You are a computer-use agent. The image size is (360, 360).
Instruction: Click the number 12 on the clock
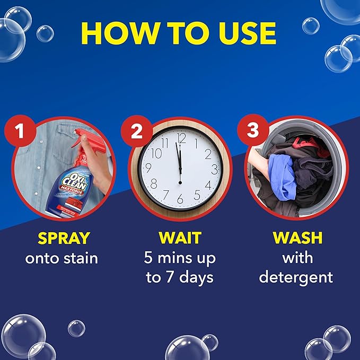pyautogui.click(x=181, y=138)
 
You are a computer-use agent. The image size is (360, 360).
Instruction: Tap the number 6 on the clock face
pyautogui.click(x=180, y=199)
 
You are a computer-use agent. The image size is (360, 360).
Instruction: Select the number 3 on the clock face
pyautogui.click(x=214, y=170)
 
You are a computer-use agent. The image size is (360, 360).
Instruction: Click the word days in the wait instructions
pyautogui.click(x=196, y=277)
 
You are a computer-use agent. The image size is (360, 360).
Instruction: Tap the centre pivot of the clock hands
pyautogui.click(x=180, y=169)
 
